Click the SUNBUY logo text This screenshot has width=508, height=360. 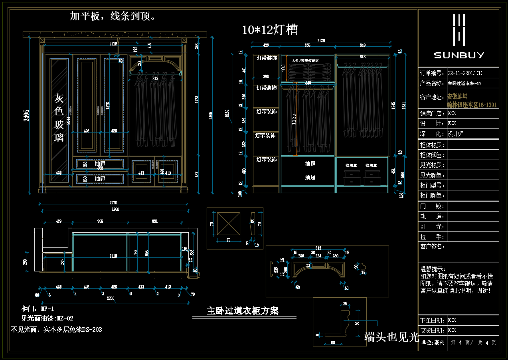point(459,55)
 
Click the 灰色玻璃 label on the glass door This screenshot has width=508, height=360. point(59,118)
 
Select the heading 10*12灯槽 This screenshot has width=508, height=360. point(270,30)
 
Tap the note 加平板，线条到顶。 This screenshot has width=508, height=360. point(113,16)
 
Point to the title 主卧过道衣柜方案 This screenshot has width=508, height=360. point(243,311)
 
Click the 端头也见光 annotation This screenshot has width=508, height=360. point(391,337)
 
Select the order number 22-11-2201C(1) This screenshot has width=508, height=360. point(465,73)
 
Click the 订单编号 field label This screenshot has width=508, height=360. point(432,73)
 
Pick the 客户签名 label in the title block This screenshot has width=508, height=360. point(432,247)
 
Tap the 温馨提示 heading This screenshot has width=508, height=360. point(433,269)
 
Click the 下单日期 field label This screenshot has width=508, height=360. point(432,320)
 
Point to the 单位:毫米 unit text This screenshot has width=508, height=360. point(433,342)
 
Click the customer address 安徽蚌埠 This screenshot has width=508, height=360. point(457,97)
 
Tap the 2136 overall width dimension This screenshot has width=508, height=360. point(320,41)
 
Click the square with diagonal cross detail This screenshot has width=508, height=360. point(229,225)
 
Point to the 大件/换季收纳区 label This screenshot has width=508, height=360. point(307,60)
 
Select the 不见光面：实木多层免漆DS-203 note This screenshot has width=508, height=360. point(56,330)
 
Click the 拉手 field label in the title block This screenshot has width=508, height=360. point(432,237)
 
